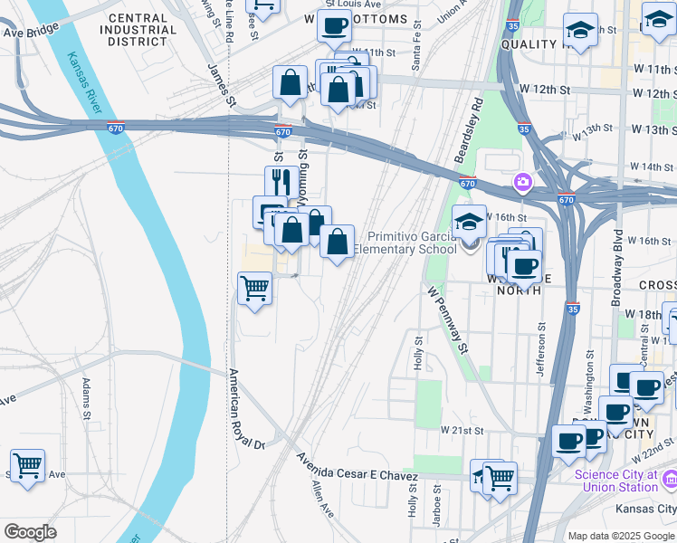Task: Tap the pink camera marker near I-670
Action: click(x=522, y=184)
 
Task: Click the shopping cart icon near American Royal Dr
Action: click(x=254, y=289)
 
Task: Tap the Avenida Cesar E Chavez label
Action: click(x=358, y=468)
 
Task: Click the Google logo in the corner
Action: click(x=30, y=532)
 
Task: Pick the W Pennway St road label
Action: click(x=448, y=320)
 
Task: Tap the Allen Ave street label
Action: click(x=322, y=499)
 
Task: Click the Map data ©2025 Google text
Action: click(x=621, y=536)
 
